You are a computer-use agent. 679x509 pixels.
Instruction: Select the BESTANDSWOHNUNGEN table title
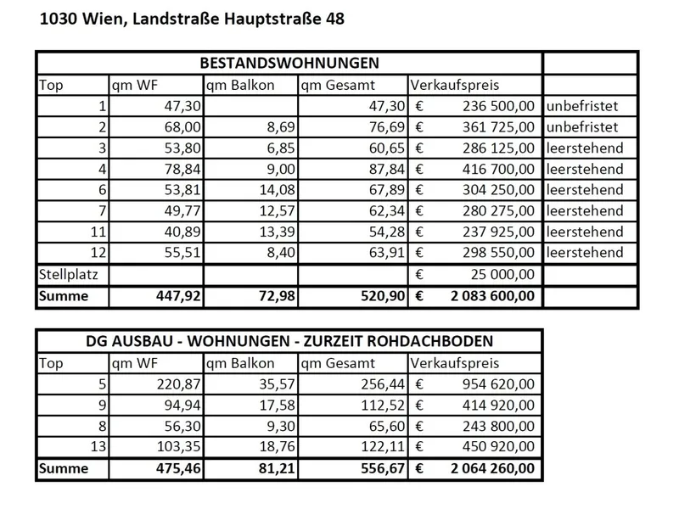(289, 64)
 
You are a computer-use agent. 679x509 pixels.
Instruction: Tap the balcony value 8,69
(276, 127)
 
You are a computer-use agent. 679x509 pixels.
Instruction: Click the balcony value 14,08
(272, 189)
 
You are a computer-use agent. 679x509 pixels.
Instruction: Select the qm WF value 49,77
(180, 210)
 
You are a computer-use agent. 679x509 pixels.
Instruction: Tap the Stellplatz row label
(68, 274)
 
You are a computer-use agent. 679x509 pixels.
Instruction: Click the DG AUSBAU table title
(289, 341)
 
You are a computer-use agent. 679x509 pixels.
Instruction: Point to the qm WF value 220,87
(177, 383)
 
